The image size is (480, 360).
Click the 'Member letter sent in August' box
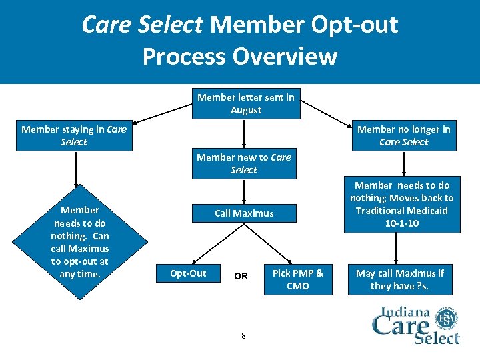[245, 103]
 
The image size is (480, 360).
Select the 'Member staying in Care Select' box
[73, 135]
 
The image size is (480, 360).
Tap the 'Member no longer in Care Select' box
[403, 135]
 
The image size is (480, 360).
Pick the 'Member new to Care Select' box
[244, 163]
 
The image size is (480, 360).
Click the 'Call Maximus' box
[244, 213]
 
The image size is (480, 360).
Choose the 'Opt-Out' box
[188, 273]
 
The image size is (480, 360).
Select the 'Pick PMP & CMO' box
[298, 279]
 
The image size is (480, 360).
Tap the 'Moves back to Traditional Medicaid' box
[401, 204]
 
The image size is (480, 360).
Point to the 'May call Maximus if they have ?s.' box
[399, 279]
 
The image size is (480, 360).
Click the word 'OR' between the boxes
[241, 276]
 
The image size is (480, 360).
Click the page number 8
[243, 335]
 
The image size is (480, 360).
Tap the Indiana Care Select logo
[415, 325]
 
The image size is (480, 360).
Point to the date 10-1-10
[402, 223]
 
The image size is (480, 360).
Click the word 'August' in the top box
[246, 110]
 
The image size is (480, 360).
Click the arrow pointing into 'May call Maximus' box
[397, 249]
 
